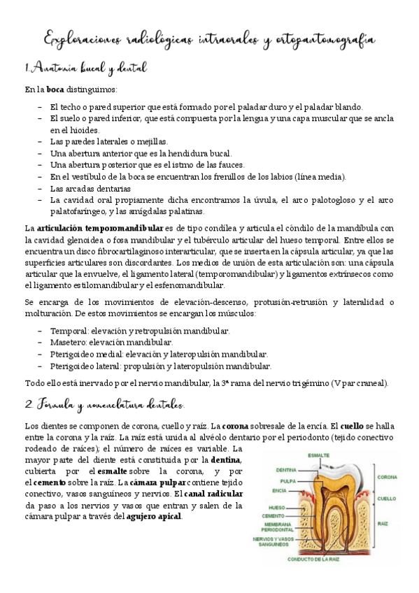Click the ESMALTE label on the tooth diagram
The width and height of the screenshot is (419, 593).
coord(320,455)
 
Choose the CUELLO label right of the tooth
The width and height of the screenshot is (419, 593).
coord(386,499)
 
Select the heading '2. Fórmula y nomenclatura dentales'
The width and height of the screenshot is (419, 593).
coord(105,404)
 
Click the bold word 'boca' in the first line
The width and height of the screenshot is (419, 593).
coord(56,90)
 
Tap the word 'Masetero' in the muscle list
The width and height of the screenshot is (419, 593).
coord(66,342)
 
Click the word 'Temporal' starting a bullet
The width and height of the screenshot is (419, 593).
coord(66,331)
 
